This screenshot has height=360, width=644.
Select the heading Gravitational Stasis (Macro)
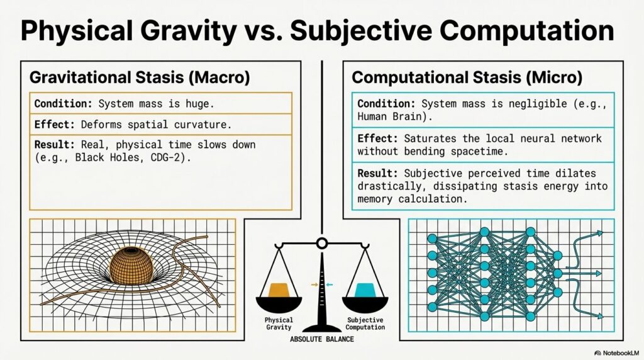click(x=140, y=77)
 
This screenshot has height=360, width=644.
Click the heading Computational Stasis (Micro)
click(x=467, y=77)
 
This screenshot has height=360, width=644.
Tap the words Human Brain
click(x=389, y=116)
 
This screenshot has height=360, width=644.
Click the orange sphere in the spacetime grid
click(x=131, y=265)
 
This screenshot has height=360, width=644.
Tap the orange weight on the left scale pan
click(x=279, y=290)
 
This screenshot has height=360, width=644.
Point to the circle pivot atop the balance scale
click(x=322, y=244)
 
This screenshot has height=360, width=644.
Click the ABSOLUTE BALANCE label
click(x=322, y=339)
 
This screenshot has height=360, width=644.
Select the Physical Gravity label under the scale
click(x=279, y=323)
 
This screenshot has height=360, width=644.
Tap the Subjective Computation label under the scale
click(x=365, y=323)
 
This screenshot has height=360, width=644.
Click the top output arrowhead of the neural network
click(x=600, y=233)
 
